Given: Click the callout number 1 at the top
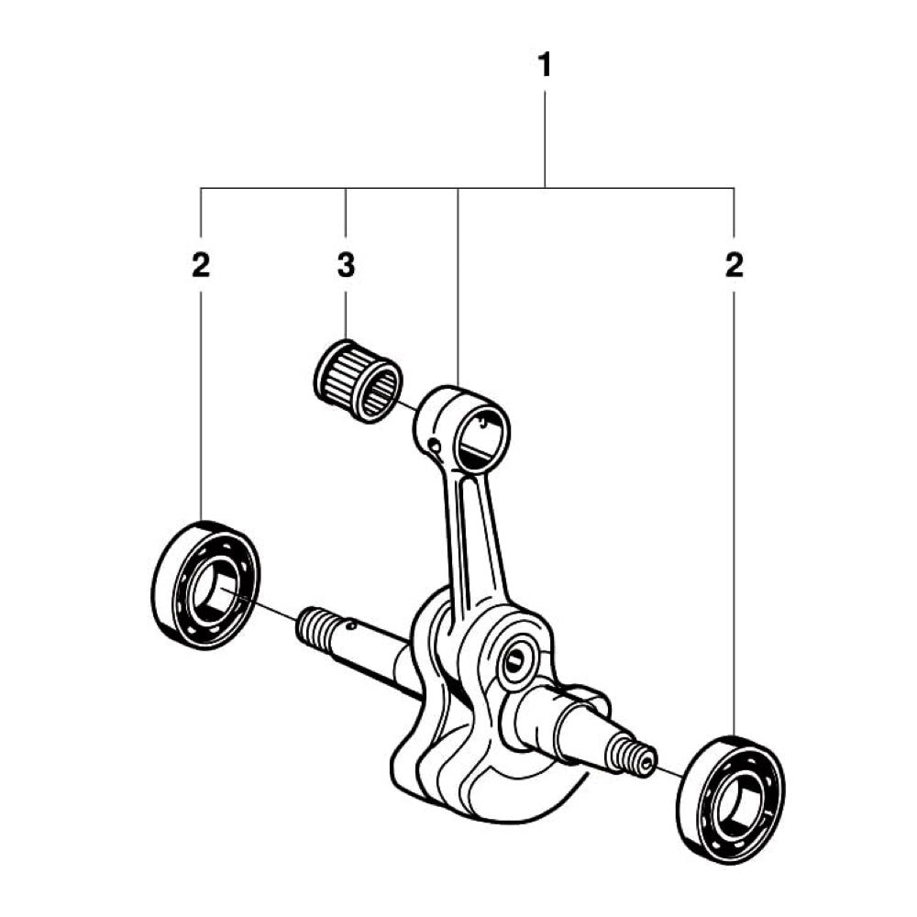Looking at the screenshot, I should pos(545,67).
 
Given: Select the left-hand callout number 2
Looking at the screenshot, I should pos(201,266).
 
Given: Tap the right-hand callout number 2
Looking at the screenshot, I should pos(734,266).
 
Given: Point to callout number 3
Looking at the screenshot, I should pos(345,266).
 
